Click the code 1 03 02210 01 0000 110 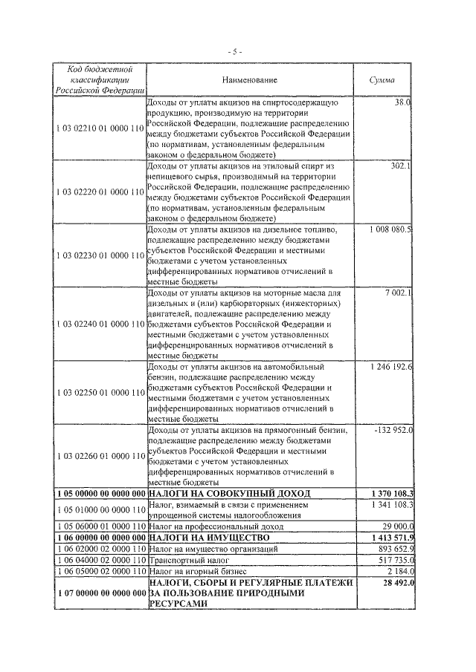coord(99,128)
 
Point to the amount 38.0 coord(404,102)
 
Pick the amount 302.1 coord(401,166)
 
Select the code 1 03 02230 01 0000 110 coord(99,255)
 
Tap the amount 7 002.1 coord(398,293)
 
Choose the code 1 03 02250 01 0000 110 coord(99,391)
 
